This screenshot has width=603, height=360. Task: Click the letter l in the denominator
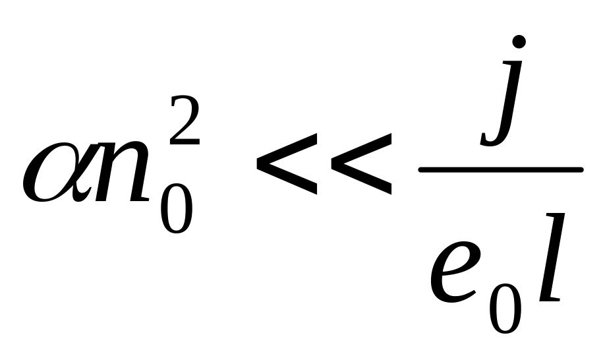coord(549,264)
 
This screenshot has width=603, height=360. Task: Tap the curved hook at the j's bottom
coord(490,139)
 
